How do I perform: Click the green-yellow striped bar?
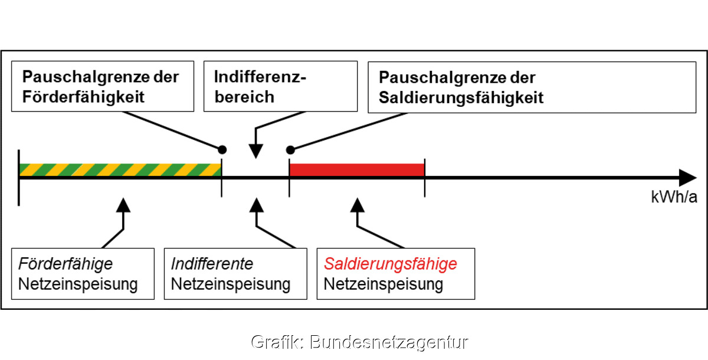120,170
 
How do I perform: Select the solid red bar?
357,170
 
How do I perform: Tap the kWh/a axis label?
674,197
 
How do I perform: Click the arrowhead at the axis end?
688,178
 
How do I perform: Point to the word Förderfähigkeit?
83,97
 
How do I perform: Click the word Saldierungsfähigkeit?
461,97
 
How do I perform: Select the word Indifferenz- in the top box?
260,77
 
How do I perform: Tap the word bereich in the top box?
244,97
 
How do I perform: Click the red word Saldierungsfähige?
391,264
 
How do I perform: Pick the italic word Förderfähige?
65,264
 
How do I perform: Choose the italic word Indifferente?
212,264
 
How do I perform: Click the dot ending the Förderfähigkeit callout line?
222,149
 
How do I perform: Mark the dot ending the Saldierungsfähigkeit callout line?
290,150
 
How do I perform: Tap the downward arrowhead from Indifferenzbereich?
255,151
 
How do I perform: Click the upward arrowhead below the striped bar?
123,205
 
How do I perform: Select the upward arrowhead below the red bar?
358,205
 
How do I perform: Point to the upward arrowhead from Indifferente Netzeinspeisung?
257,205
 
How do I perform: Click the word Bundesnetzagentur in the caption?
389,342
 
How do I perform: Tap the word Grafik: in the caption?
277,342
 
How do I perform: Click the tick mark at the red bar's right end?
424,178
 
